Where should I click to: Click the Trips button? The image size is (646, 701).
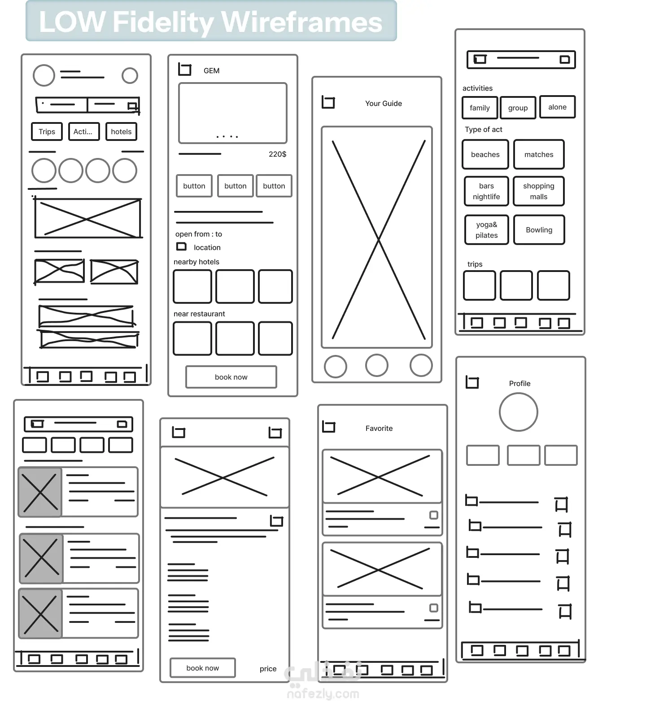[47, 131]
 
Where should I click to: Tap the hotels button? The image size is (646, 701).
[121, 131]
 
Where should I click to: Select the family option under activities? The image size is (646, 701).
[480, 108]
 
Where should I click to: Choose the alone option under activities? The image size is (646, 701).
[557, 107]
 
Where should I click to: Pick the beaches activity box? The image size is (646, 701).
[485, 154]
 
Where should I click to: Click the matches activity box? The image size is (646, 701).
[539, 154]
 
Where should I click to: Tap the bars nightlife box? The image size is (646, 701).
[486, 191]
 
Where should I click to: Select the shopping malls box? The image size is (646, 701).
[538, 191]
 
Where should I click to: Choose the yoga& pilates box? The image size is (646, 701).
[486, 230]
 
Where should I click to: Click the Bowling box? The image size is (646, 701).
[539, 230]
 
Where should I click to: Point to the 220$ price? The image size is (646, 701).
[277, 154]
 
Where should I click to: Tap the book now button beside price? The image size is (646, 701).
[203, 668]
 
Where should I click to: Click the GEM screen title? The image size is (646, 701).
[211, 70]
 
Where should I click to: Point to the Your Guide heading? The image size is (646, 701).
[384, 103]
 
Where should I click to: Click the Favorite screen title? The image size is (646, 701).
[379, 428]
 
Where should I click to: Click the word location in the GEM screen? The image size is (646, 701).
[207, 247]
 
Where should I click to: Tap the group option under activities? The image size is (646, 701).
[518, 108]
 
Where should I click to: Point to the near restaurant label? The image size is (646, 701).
[199, 314]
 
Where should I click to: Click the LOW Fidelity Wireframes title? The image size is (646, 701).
[211, 22]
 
